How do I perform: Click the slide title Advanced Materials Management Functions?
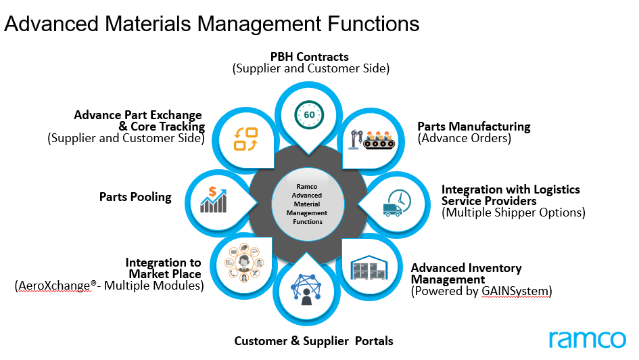(x=212, y=24)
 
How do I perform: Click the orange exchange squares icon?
(x=245, y=139)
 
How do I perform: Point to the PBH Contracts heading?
(x=310, y=56)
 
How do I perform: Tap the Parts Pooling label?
(x=135, y=198)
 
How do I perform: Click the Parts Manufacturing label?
(x=473, y=127)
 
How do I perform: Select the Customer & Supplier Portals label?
(x=313, y=340)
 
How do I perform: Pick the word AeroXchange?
(x=53, y=286)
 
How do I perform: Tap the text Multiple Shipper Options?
(x=513, y=212)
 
